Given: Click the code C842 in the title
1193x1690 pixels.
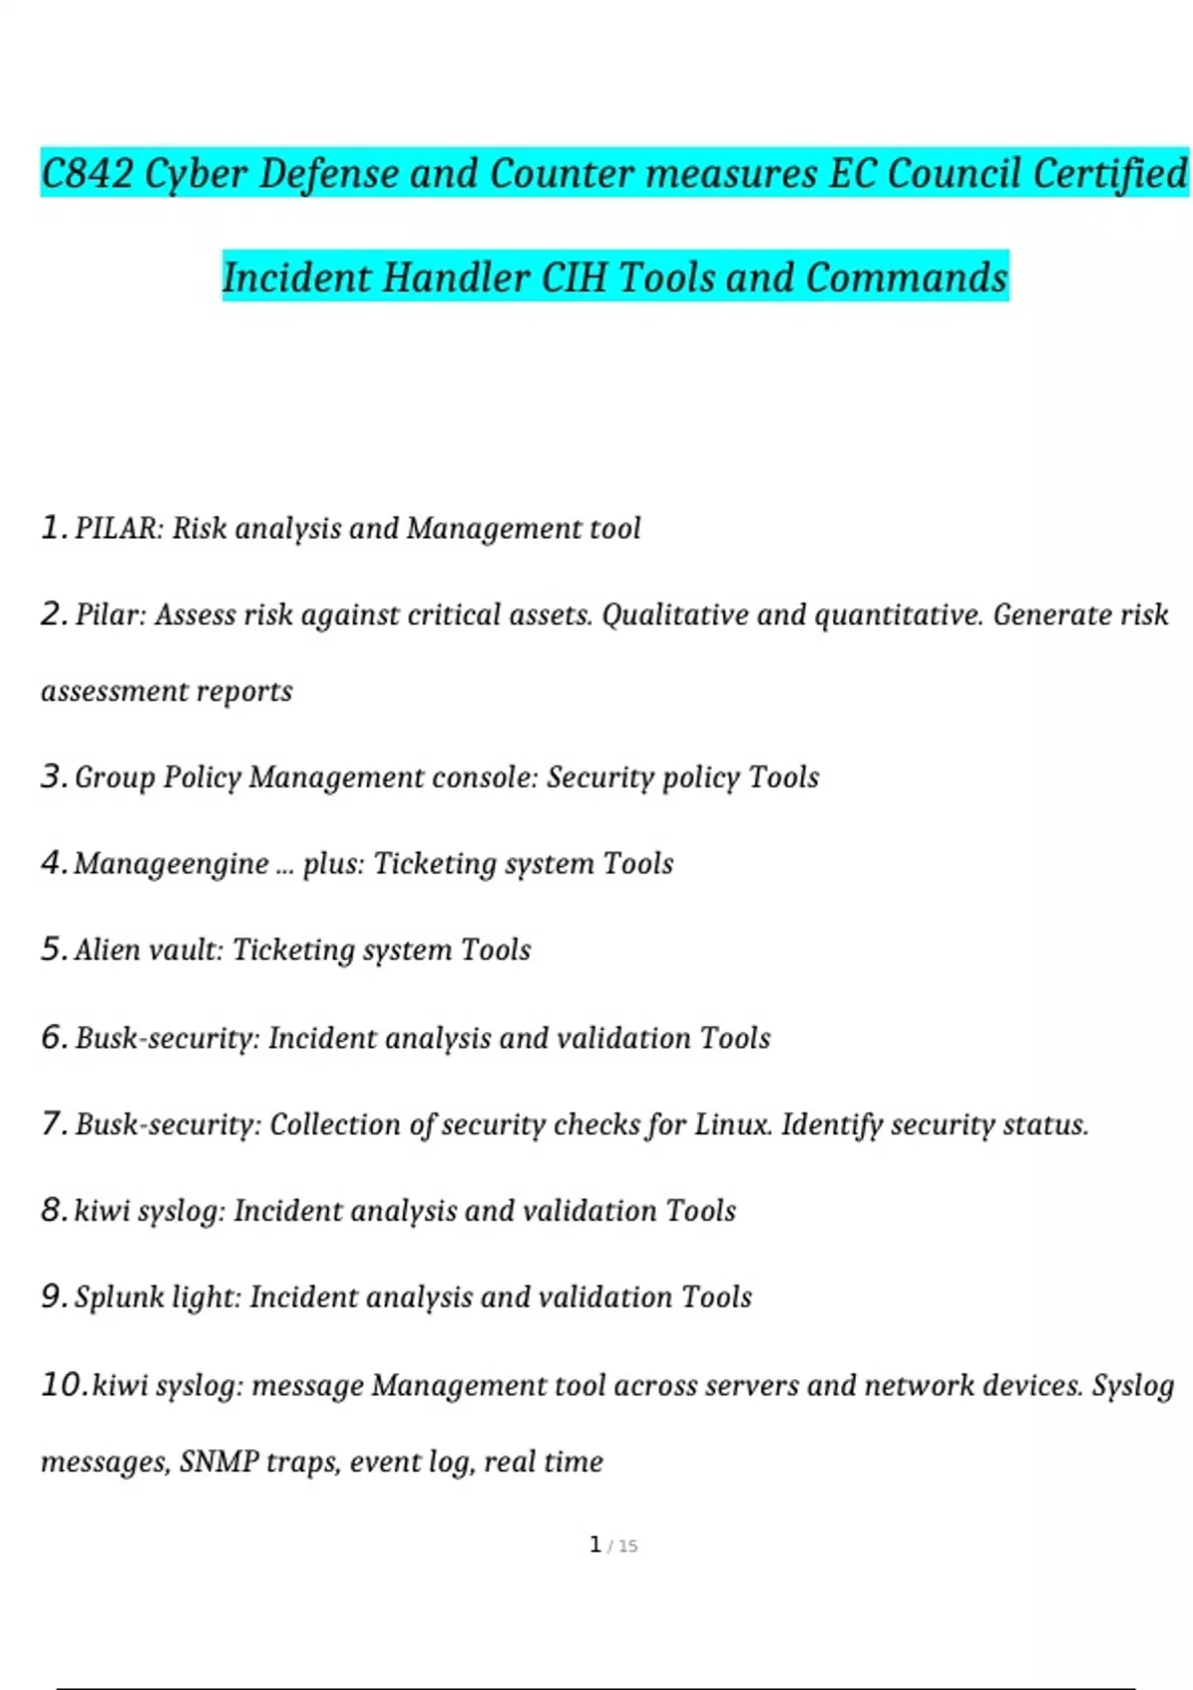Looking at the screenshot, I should [87, 174].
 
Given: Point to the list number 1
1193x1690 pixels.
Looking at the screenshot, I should [53, 527].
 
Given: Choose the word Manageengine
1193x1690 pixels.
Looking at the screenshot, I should [171, 864].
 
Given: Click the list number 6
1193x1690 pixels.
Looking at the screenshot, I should [54, 1037].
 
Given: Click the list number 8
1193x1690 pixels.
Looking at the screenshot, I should [54, 1210].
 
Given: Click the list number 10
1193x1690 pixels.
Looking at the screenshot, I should [64, 1384].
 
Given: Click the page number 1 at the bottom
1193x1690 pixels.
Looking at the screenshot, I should [595, 1544].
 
